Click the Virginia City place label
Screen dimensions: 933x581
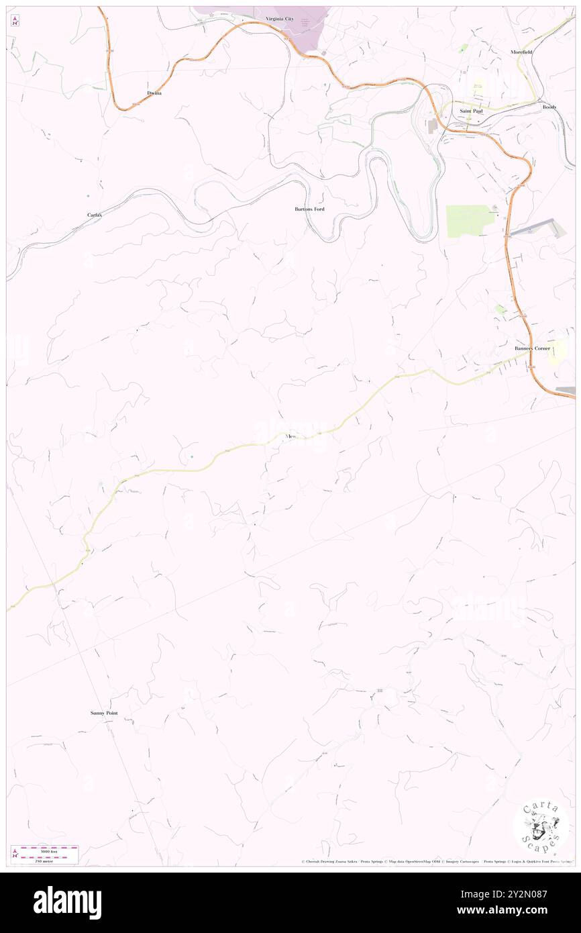click(279, 19)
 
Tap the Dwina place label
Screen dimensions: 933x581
click(154, 93)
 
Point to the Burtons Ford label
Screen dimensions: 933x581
click(309, 209)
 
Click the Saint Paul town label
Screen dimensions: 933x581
click(471, 111)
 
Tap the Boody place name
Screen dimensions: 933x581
click(549, 107)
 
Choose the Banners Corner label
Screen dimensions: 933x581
click(532, 348)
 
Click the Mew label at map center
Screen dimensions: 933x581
click(290, 437)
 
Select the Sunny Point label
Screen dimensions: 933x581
click(104, 713)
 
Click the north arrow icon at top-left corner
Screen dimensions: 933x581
click(15, 20)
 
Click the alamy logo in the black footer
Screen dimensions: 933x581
click(67, 903)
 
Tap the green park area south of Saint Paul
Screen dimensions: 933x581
click(469, 220)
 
